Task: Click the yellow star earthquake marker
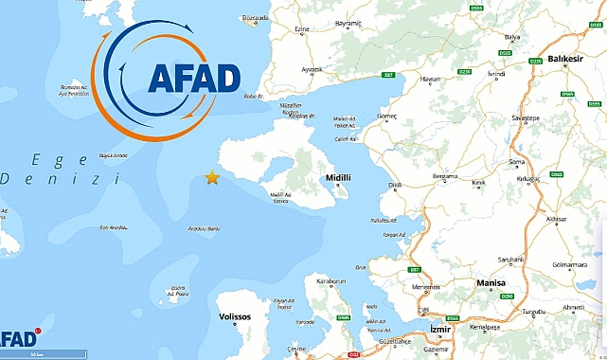pos(212,178)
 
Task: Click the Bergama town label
pos(446,176)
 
